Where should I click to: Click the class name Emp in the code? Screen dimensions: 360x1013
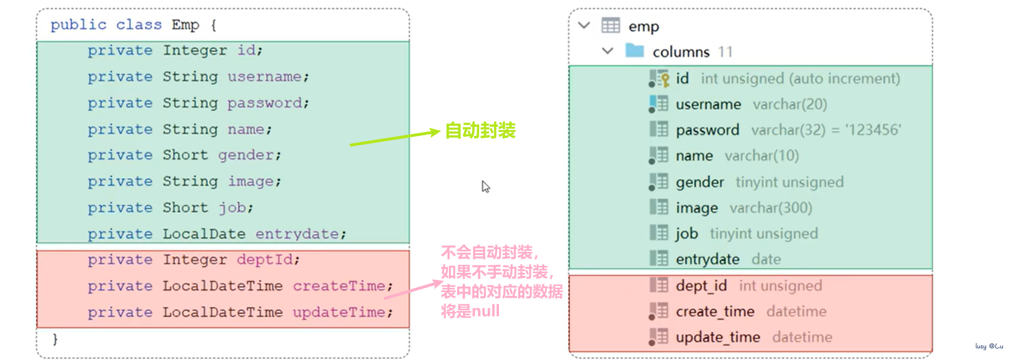pyautogui.click(x=185, y=25)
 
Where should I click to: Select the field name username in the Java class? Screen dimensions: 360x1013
pyautogui.click(x=265, y=77)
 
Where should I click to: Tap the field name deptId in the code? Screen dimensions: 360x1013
pyautogui.click(x=265, y=260)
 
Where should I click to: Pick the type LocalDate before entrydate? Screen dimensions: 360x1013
pyautogui.click(x=204, y=234)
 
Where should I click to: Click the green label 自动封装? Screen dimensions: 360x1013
pyautogui.click(x=480, y=131)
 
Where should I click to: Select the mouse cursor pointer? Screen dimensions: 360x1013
pyautogui.click(x=485, y=186)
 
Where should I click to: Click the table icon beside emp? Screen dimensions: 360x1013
pyautogui.click(x=611, y=25)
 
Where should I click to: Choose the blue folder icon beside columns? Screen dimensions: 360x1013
pyautogui.click(x=634, y=50)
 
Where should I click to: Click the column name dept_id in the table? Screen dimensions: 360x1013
pyautogui.click(x=701, y=286)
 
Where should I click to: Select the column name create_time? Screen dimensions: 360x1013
pyautogui.click(x=715, y=311)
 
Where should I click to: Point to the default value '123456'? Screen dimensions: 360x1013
pyautogui.click(x=873, y=130)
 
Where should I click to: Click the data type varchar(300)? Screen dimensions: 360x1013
pyautogui.click(x=771, y=208)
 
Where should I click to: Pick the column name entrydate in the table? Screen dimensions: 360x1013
pyautogui.click(x=708, y=260)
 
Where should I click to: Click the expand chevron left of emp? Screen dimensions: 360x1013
pyautogui.click(x=584, y=25)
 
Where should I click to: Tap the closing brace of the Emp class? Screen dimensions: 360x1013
pyautogui.click(x=55, y=339)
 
